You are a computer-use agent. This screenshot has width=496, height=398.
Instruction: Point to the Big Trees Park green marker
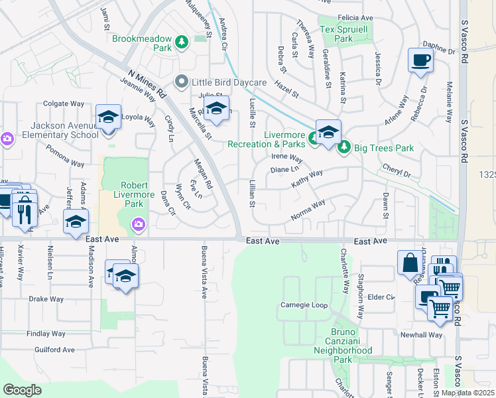(x=343, y=147)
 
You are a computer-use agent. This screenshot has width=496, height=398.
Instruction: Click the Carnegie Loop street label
(x=304, y=306)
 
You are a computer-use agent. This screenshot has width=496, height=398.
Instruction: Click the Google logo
(x=22, y=390)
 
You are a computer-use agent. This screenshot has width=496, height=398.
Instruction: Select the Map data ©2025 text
(x=467, y=393)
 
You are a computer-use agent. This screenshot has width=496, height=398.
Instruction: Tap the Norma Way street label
(x=308, y=211)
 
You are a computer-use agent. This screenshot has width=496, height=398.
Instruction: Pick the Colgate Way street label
(x=64, y=103)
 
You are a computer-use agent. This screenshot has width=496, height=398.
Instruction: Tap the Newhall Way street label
(x=420, y=335)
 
